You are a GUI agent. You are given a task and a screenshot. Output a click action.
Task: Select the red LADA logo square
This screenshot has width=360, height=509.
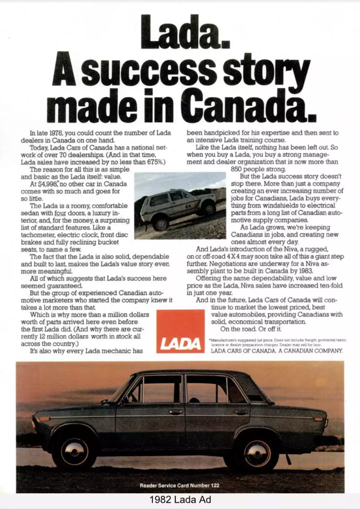click(181, 331)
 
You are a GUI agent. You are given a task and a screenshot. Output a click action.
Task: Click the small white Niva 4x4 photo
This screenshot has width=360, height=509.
click(180, 206)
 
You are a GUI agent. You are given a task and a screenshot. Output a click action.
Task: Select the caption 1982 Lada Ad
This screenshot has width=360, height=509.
click(180, 500)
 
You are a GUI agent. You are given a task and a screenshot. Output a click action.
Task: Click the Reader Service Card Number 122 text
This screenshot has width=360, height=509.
click(179, 485)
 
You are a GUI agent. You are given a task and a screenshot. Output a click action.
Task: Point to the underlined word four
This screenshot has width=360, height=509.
click(60, 213)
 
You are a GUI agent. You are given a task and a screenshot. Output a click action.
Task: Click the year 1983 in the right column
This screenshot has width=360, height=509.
click(305, 271)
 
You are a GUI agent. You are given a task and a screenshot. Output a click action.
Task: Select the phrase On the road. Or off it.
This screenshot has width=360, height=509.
click(251, 329)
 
